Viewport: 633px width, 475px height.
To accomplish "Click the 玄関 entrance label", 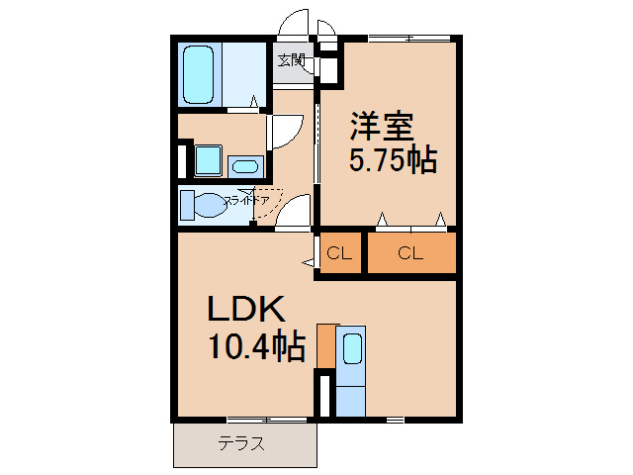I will click(291, 60).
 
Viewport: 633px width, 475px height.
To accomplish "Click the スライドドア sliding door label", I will click(247, 201).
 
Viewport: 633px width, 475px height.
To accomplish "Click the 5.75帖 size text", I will click(393, 159).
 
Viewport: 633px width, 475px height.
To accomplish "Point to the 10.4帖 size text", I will click(255, 346).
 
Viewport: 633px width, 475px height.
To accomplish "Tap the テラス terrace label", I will click(242, 444).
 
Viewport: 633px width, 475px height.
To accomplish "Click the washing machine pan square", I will click(208, 159).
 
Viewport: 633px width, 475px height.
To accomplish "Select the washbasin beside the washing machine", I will click(244, 166).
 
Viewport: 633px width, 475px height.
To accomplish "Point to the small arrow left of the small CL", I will click(309, 262).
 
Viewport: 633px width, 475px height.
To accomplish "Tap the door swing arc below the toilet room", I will click(294, 213).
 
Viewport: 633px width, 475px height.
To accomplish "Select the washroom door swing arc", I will click(284, 133).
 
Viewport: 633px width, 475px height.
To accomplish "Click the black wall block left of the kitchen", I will click(321, 395).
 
